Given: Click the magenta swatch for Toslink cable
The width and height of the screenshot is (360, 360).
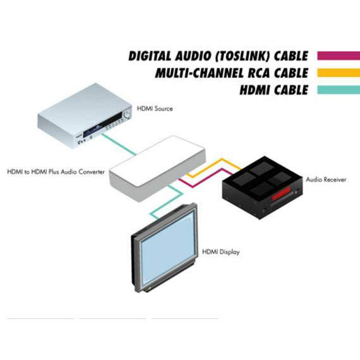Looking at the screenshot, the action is [x=339, y=56].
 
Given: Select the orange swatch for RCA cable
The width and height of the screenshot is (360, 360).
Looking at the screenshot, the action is [x=339, y=73].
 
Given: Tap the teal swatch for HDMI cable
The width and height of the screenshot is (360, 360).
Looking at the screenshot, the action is [x=339, y=90].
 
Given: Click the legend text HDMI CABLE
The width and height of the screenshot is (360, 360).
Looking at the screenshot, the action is [x=274, y=90].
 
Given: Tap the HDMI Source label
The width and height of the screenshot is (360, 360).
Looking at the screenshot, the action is [x=155, y=109].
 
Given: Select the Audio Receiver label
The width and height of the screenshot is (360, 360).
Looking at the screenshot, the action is [x=326, y=179].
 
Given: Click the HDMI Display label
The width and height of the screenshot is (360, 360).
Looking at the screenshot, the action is [x=220, y=252].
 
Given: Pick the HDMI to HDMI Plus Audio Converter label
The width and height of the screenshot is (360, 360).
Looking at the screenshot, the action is [x=56, y=172].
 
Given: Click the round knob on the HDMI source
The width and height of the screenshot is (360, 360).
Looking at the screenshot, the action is [x=127, y=114].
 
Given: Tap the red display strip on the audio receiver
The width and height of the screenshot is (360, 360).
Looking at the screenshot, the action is [x=282, y=193].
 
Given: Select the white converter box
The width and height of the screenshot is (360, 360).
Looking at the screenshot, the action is [x=157, y=169].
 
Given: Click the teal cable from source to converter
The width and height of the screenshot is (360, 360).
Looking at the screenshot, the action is [x=119, y=145].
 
